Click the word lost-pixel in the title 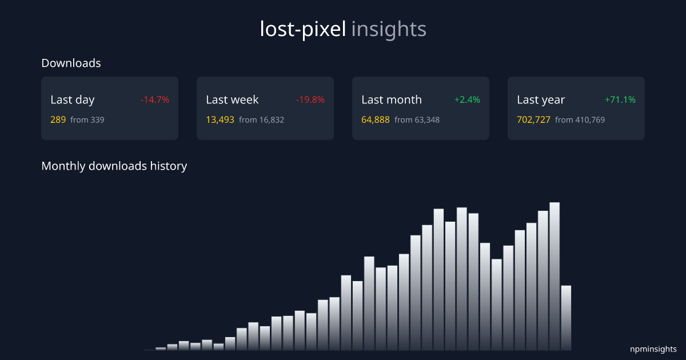click(303, 29)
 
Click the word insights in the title click(389, 29)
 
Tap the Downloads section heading click(71, 63)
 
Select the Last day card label click(73, 99)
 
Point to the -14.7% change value click(155, 99)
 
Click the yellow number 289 click(58, 120)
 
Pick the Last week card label click(232, 99)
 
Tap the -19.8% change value click(310, 99)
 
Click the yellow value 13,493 click(220, 120)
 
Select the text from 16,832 click(261, 120)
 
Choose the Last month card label click(392, 99)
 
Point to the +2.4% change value click(467, 99)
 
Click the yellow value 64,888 click(376, 120)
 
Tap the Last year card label click(541, 99)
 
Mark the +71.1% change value click(620, 99)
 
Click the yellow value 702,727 click(533, 120)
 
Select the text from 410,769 click(580, 120)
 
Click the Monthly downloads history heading click(114, 166)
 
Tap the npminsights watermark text click(653, 349)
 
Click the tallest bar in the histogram click(555, 274)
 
